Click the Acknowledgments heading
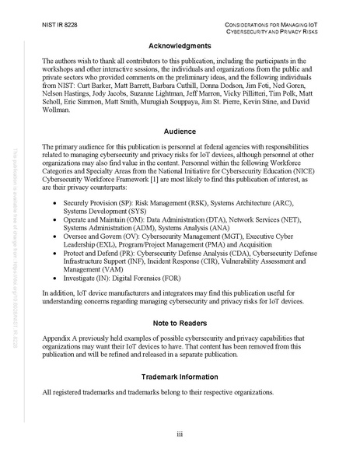(x=179, y=46)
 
